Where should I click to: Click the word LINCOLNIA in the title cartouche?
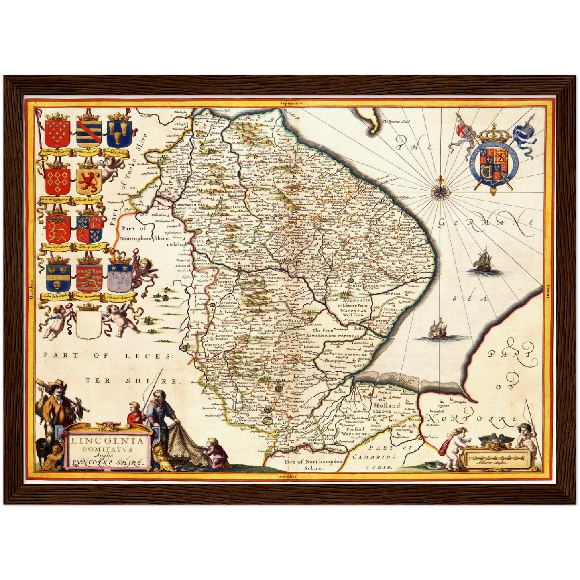pos(108,440)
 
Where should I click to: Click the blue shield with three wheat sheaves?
pos(119,133)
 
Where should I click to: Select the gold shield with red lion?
pos(88,181)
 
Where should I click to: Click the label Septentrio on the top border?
pos(292,103)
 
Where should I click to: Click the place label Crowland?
pos(346,441)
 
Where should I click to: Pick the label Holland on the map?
pos(387,405)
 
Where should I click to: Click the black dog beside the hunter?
pos(41,447)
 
